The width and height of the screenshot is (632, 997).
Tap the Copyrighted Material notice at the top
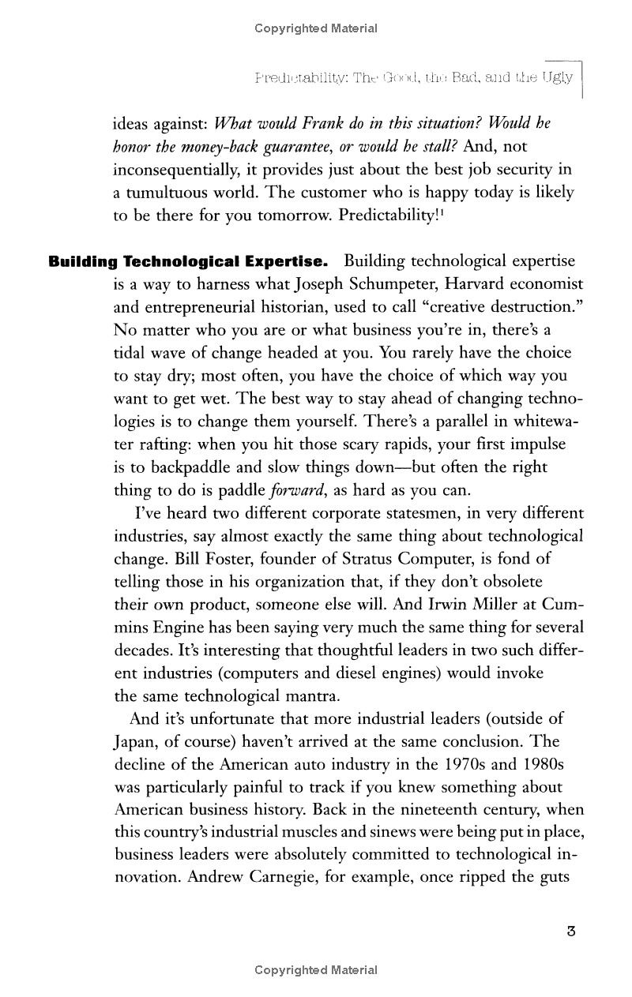point(316,28)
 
